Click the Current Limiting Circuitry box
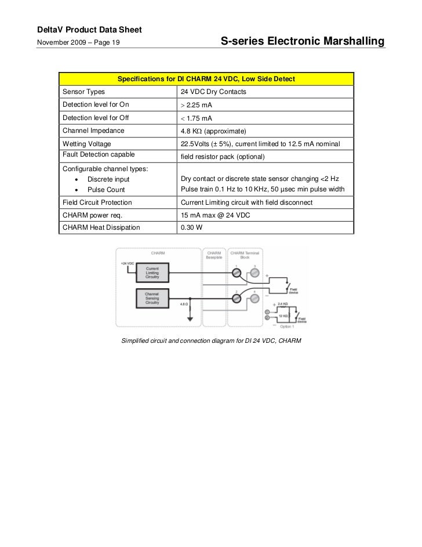pyautogui.click(x=152, y=272)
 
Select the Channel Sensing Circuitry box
pyautogui.click(x=152, y=298)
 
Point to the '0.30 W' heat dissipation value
pyautogui.click(x=192, y=227)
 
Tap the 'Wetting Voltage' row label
pyautogui.click(x=87, y=143)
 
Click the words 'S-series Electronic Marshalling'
pyautogui.click(x=303, y=42)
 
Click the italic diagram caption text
pyautogui.click(x=211, y=340)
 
